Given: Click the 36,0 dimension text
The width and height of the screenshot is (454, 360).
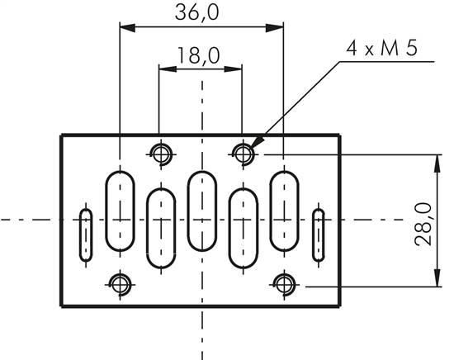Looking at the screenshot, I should tap(202, 12).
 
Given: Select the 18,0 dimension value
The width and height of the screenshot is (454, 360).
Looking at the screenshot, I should tap(198, 55).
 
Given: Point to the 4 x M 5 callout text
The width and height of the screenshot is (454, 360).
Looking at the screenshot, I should tap(381, 47).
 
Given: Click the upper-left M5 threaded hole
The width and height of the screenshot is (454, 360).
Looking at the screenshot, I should tap(161, 153).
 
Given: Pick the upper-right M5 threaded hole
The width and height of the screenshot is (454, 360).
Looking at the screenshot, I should tap(243, 153).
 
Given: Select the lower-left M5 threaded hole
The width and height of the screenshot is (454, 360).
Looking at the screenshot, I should tap(121, 285).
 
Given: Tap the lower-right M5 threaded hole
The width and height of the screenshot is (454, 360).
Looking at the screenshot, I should tap(284, 285).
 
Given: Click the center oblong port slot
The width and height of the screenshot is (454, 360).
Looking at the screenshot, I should tap(202, 212).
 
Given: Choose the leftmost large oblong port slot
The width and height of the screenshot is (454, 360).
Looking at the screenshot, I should tap(121, 212).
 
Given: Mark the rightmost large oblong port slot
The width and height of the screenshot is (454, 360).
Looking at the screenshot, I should tap(284, 212).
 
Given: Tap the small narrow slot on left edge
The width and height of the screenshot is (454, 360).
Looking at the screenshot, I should tap(85, 235).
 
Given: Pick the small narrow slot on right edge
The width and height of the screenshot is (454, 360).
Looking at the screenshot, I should tap(319, 235).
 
